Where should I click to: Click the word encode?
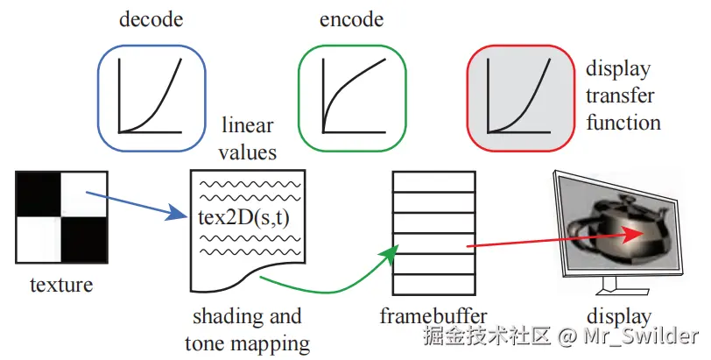[x=351, y=18]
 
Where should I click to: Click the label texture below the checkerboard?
[x=61, y=285]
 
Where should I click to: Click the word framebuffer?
[x=434, y=316]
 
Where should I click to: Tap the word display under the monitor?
[x=621, y=316]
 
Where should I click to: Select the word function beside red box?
[x=623, y=122]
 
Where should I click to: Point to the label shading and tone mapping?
[x=248, y=329]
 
